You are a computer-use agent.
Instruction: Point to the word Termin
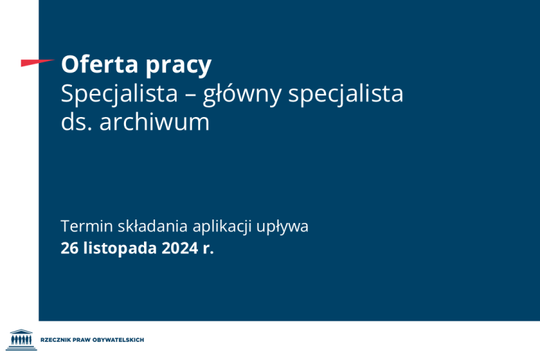coord(83,226)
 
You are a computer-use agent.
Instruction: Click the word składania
coord(149,227)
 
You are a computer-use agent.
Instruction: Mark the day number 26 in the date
coord(69,249)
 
